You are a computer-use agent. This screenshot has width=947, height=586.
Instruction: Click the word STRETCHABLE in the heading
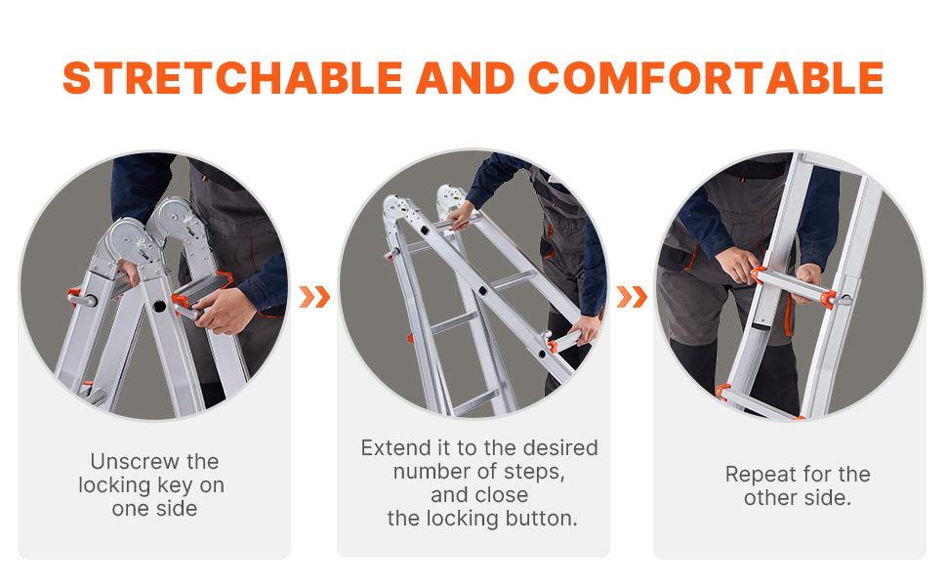[232, 78]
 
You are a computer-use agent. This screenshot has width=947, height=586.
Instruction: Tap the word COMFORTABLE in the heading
[706, 78]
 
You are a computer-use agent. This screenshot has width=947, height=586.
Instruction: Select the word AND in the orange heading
[465, 78]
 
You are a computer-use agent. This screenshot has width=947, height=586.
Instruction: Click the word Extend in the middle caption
[396, 447]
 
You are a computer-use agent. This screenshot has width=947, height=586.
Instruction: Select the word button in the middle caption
[541, 519]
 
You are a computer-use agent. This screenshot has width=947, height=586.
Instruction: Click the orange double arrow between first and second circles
[314, 297]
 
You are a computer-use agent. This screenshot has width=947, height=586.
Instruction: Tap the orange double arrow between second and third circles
[632, 297]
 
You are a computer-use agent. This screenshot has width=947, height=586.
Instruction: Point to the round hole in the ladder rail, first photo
[159, 307]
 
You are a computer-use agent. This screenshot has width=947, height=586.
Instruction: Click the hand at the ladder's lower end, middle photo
[584, 329]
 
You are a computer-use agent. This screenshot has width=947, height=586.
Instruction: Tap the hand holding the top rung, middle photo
[461, 216]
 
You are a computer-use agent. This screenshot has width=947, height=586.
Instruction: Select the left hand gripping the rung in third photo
[737, 265]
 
